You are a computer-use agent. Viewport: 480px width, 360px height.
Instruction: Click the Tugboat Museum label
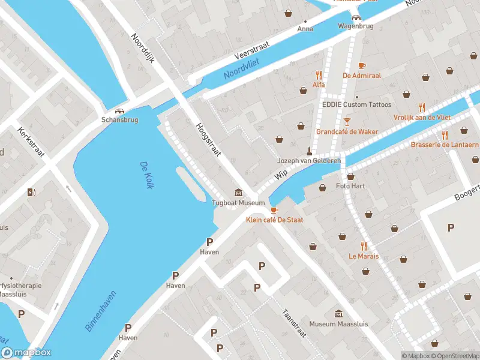238,203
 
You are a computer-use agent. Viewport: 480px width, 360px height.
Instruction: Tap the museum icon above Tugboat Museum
239,193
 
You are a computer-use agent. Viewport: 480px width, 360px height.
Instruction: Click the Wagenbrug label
356,26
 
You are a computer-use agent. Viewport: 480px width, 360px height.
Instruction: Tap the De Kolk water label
145,175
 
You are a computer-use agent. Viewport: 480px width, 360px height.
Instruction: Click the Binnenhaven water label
100,311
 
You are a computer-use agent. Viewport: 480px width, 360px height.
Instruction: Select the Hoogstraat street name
208,142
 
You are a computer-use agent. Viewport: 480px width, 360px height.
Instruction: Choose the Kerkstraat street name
32,142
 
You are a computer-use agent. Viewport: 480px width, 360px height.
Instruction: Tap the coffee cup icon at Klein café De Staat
274,210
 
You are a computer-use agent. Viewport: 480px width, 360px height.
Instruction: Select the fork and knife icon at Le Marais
364,246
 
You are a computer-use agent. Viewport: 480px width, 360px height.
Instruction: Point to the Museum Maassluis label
338,324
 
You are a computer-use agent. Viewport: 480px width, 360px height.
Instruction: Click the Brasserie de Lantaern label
445,145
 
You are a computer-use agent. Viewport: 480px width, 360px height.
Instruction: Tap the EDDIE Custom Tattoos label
356,105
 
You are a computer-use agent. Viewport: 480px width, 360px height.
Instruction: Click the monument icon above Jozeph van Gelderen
310,151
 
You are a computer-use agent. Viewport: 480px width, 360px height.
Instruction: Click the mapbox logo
26,352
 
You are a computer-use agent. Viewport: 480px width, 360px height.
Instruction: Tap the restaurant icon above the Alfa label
319,76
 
